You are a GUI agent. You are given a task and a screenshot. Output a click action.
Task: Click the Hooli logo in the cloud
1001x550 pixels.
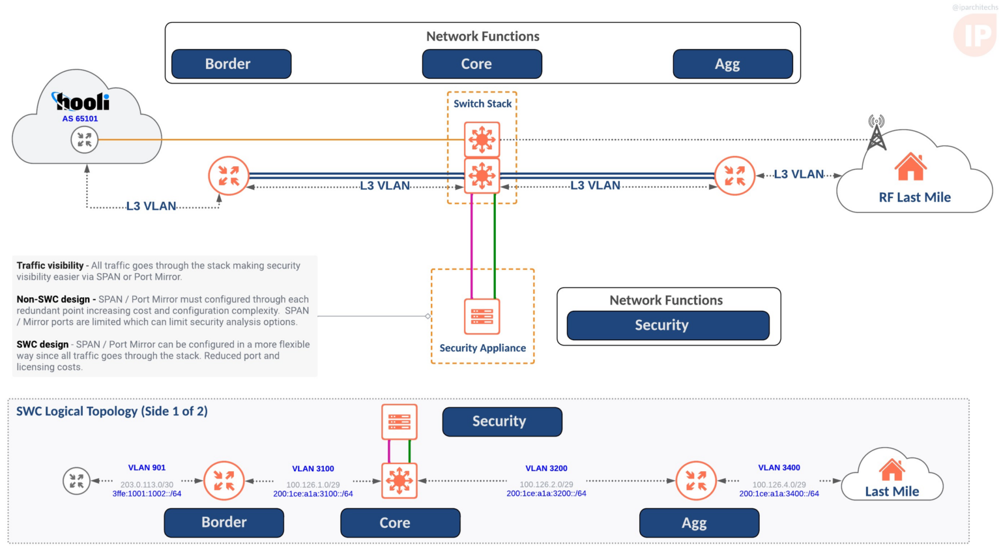coord(81,102)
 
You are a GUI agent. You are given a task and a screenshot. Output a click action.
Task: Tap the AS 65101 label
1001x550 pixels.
coord(80,119)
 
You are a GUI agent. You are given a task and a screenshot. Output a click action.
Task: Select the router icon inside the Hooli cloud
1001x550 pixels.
coord(85,139)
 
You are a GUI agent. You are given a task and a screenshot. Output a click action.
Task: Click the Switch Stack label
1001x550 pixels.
coord(482,104)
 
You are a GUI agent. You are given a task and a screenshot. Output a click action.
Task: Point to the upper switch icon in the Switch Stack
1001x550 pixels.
coord(482,139)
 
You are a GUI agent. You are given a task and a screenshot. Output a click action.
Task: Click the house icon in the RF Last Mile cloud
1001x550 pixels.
coord(910,167)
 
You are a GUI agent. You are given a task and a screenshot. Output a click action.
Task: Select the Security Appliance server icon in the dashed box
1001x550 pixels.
coord(482,316)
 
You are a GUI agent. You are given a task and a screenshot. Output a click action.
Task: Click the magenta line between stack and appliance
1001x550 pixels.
coord(472,248)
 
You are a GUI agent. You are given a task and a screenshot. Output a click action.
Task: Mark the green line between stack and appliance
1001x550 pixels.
coord(495,248)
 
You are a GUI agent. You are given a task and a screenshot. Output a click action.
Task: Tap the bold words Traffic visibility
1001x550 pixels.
coord(50,265)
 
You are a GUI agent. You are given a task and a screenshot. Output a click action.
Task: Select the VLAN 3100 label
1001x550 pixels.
coord(313,469)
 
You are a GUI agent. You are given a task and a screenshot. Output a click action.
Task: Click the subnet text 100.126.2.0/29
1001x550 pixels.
coord(546,484)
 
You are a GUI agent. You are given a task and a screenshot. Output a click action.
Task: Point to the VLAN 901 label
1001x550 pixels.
coord(147,468)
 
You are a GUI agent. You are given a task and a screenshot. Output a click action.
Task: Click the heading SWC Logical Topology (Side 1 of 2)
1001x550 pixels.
coord(112,411)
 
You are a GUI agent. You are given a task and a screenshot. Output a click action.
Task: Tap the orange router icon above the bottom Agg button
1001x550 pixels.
coord(696,481)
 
